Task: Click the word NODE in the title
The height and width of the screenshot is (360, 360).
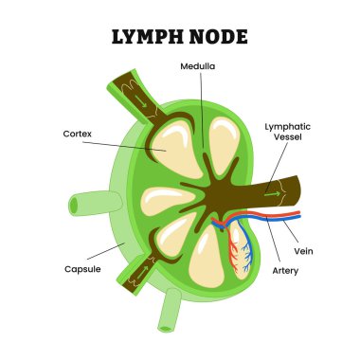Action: [218, 37]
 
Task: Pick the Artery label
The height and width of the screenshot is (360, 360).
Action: [285, 270]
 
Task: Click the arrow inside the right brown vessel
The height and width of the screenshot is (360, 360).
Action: [274, 194]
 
